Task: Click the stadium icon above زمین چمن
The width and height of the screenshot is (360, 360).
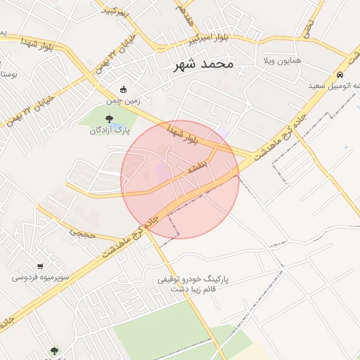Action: tap(124, 89)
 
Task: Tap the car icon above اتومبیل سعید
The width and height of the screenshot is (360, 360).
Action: tap(340, 75)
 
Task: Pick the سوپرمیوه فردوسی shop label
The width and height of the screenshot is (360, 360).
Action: tap(40, 277)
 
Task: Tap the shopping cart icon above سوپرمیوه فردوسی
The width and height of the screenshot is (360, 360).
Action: tap(40, 266)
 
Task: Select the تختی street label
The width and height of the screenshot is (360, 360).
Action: tap(308, 27)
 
